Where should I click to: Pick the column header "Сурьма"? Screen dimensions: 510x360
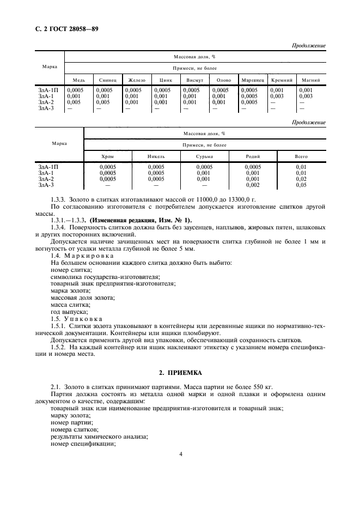[204, 157]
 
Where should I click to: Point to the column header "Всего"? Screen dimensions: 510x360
[301, 157]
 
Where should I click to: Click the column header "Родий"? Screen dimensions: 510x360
[253, 157]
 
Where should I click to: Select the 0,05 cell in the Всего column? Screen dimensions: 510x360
[301, 185]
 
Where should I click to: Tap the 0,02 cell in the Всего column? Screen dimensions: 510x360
[301, 179]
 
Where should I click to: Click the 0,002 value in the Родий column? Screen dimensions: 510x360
[253, 185]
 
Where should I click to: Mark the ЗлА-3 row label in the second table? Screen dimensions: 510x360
[46, 185]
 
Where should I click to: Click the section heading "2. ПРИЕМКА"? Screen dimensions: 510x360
[180, 373]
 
